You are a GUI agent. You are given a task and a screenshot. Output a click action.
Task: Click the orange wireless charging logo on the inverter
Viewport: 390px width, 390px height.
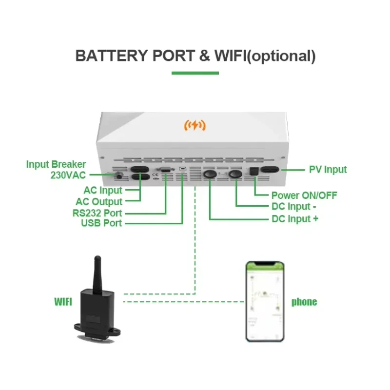(x=195, y=125)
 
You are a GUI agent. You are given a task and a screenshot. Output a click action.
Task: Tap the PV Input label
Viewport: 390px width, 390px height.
(x=328, y=170)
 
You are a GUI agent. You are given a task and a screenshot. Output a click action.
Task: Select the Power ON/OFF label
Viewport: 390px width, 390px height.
(x=304, y=195)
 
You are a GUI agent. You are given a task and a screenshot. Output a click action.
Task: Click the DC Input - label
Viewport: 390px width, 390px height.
(x=294, y=206)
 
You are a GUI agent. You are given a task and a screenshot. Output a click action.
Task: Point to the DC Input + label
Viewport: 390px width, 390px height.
(x=295, y=219)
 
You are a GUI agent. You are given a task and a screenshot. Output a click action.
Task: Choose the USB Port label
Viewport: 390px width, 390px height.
(x=101, y=223)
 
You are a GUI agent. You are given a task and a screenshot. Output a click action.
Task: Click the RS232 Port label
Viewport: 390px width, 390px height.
(x=97, y=213)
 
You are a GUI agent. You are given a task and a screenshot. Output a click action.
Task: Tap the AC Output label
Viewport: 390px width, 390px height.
(x=99, y=202)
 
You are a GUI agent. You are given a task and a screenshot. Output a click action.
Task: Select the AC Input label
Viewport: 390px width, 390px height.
(x=103, y=191)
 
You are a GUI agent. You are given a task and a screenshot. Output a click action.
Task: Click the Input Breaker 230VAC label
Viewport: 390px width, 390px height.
(x=56, y=170)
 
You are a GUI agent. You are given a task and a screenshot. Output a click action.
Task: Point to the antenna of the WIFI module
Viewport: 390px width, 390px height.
(x=97, y=273)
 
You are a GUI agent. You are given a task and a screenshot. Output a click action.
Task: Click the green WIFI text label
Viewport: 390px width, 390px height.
(x=63, y=302)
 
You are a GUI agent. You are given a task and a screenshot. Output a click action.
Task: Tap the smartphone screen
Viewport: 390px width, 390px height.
(x=265, y=302)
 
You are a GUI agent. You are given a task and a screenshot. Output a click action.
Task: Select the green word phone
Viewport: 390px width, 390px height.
(x=304, y=302)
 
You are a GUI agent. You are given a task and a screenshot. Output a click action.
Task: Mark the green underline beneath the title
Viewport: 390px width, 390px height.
(x=195, y=73)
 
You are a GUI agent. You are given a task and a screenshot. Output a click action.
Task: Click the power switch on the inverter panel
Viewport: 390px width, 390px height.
(x=254, y=171)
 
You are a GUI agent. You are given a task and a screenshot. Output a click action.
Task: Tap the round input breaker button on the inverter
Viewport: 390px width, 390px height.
(x=119, y=176)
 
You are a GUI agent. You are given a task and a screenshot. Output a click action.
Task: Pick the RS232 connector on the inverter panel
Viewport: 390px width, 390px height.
(x=165, y=170)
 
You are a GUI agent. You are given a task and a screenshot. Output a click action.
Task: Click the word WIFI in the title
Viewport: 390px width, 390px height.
(x=230, y=56)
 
